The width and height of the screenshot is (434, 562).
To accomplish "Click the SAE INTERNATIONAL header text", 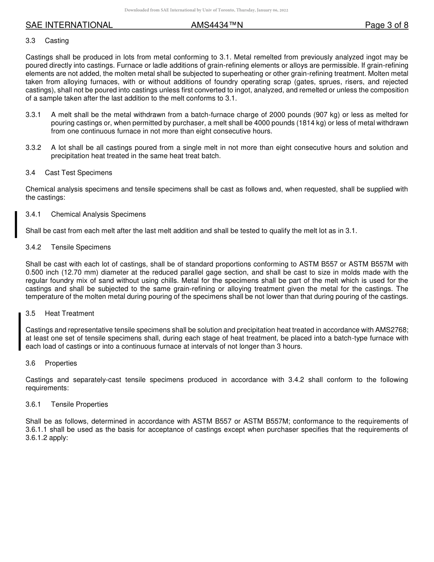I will tap(69, 25).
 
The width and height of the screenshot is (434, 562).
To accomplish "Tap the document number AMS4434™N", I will tap(217, 25).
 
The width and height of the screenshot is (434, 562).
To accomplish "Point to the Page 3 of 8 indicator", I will tap(386, 25).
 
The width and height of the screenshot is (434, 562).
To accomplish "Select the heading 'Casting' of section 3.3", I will tap(57, 41).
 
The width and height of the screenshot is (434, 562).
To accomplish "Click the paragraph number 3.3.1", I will tap(33, 115).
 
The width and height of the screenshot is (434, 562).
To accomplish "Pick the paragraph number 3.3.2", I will tap(33, 148).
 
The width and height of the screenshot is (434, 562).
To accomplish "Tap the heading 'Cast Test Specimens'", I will tap(78, 173).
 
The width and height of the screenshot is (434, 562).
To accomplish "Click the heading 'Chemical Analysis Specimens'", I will tap(98, 214).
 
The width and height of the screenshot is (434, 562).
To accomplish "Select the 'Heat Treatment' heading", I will tap(69, 313).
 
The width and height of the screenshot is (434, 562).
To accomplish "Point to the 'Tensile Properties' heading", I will tap(79, 404).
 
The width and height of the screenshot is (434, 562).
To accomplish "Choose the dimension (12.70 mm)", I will tap(70, 272).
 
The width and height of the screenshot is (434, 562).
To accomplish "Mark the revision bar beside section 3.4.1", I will tap(16, 224).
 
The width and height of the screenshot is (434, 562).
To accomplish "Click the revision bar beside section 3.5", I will tap(20, 331).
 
